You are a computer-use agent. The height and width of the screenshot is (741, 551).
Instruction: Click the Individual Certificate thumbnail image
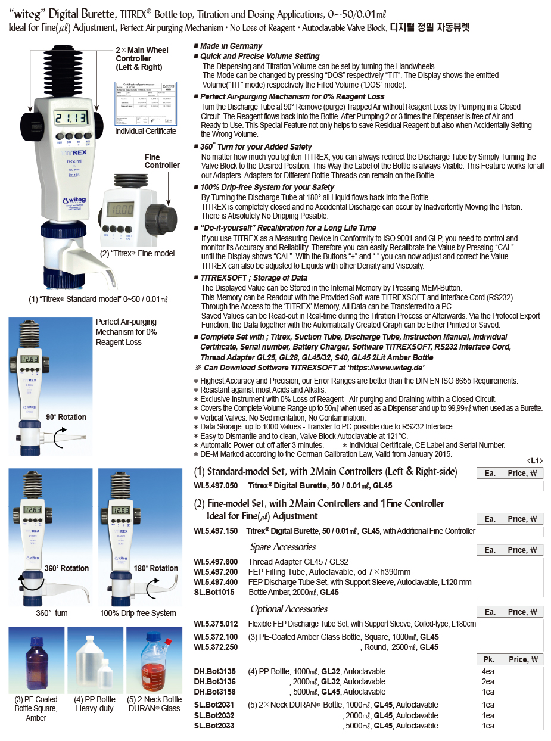(145, 102)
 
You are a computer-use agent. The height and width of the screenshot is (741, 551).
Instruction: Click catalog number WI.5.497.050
(216, 485)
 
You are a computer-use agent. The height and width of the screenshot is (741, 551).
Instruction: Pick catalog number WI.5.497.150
(216, 531)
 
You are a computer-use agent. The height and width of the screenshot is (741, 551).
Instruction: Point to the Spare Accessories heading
(283, 547)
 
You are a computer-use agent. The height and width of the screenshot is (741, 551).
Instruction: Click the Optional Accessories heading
(289, 609)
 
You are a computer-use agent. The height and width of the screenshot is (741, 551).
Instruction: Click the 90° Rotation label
(66, 417)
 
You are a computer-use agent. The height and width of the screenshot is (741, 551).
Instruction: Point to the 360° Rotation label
(66, 568)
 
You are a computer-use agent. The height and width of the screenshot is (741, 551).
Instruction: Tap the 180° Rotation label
(155, 568)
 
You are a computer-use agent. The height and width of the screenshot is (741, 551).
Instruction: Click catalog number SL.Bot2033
(214, 726)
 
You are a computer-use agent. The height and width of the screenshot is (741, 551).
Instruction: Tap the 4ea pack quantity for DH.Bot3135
(488, 671)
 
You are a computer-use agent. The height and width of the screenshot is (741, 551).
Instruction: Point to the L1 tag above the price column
(535, 460)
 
